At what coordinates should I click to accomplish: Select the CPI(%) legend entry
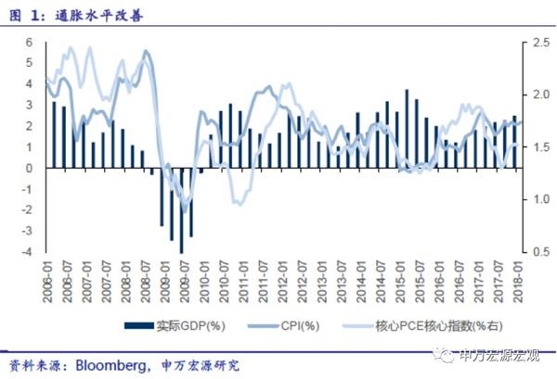(298, 325)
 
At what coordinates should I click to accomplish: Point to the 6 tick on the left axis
(30, 43)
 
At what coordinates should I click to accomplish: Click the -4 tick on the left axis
(28, 252)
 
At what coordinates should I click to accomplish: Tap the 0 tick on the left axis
(30, 169)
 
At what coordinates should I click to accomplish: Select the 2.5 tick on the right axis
(516, 43)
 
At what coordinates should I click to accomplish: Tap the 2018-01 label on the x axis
(516, 278)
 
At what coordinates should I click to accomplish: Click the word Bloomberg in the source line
(112, 364)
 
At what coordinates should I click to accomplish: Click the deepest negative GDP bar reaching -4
(182, 210)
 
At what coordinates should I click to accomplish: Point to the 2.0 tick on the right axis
(516, 95)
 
